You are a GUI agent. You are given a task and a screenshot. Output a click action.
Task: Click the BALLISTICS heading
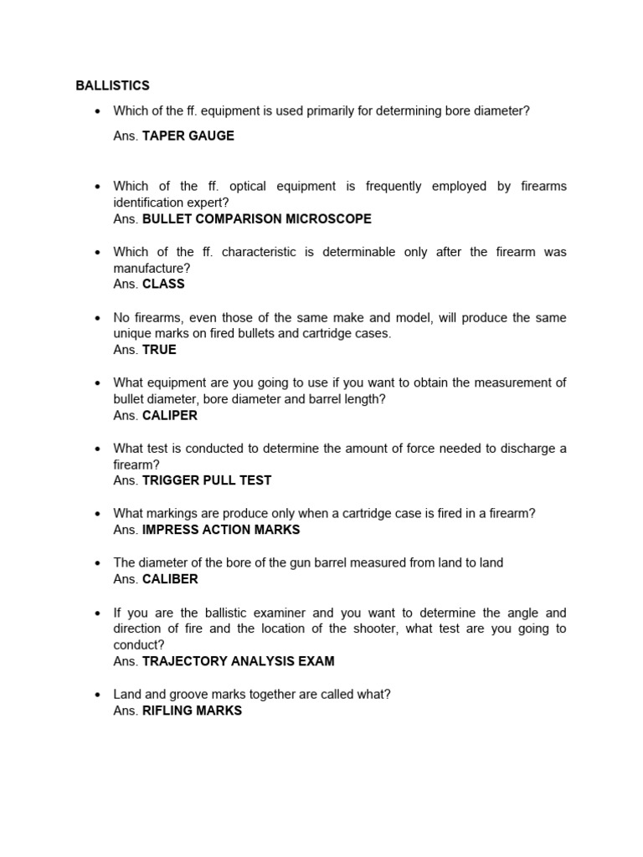pyautogui.click(x=112, y=85)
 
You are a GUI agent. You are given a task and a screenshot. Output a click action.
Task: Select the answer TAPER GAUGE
pyautogui.click(x=188, y=136)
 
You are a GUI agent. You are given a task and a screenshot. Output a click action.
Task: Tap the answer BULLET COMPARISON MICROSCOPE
pyautogui.click(x=257, y=218)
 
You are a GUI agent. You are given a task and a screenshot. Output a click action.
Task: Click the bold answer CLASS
pyautogui.click(x=163, y=284)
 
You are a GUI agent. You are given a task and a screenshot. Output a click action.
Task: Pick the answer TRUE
pyautogui.click(x=159, y=350)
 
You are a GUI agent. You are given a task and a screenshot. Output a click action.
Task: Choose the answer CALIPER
pyautogui.click(x=170, y=415)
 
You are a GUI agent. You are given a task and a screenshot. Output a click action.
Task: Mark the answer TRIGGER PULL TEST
pyautogui.click(x=207, y=480)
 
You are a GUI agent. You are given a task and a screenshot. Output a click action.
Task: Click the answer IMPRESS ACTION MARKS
pyautogui.click(x=221, y=530)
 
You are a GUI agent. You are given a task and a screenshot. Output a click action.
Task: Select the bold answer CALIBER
pyautogui.click(x=170, y=579)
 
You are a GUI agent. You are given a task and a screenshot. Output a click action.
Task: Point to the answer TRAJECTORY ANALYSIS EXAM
pyautogui.click(x=239, y=661)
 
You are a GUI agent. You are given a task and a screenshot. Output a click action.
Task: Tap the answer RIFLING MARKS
pyautogui.click(x=192, y=711)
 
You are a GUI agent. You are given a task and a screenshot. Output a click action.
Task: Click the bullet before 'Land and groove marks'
pyautogui.click(x=98, y=695)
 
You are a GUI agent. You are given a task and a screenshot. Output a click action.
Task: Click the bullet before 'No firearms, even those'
pyautogui.click(x=98, y=318)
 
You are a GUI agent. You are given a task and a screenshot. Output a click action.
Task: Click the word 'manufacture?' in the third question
pyautogui.click(x=152, y=268)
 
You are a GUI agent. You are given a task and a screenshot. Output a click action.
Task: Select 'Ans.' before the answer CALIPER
pyautogui.click(x=126, y=415)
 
